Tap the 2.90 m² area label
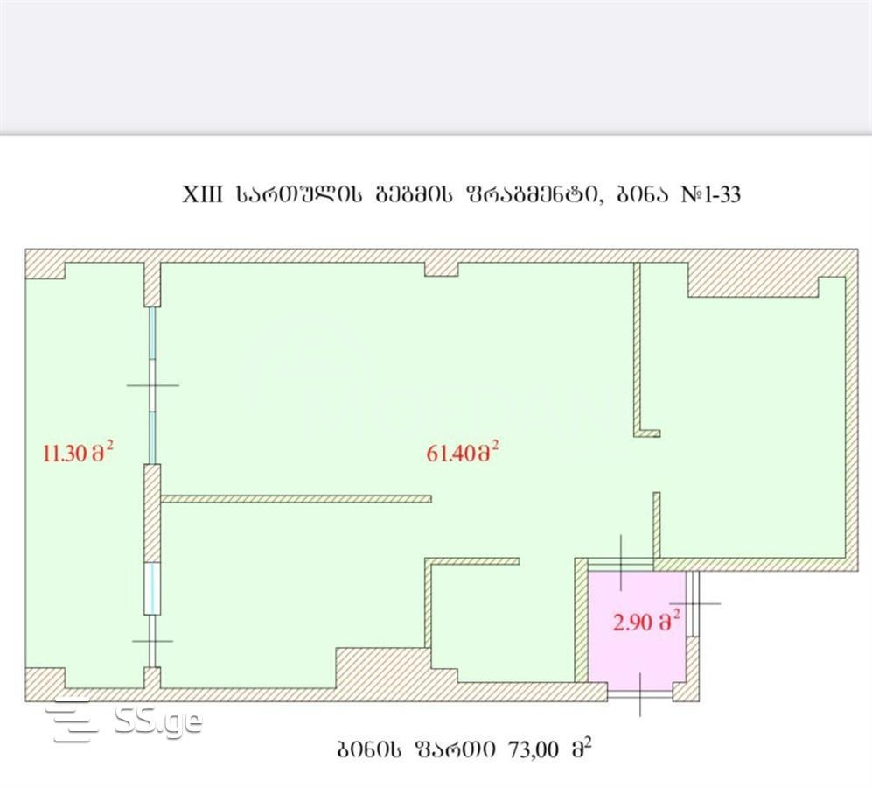click(x=646, y=625)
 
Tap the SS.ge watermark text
click(x=157, y=722)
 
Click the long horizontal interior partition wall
click(x=296, y=499)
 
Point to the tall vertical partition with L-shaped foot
click(x=638, y=350)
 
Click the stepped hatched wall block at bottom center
click(x=385, y=670)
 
